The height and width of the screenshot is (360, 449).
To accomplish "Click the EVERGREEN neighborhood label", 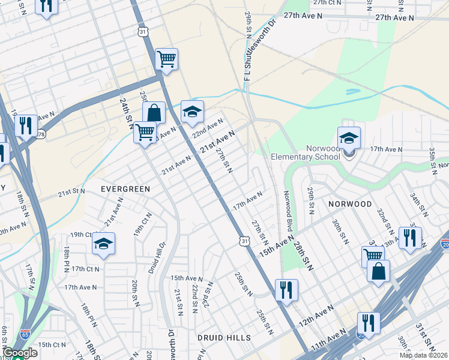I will (125, 188).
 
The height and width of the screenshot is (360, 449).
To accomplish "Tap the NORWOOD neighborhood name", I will (350, 204).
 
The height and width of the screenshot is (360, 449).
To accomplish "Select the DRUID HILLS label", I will (224, 338).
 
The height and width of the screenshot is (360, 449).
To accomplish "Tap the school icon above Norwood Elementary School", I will (349, 138).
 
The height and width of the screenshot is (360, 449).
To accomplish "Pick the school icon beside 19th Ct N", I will (103, 244).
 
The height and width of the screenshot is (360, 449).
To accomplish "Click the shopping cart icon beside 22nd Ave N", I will (145, 132).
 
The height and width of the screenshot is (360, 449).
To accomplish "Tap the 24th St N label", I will (126, 113).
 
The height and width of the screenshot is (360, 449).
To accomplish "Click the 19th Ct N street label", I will (83, 235).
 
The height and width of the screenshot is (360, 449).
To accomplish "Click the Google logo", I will (20, 352).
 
